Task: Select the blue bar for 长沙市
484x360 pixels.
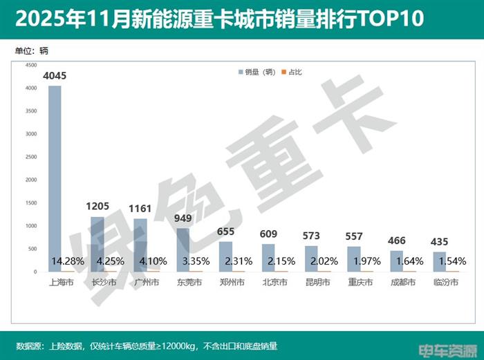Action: point(97,244)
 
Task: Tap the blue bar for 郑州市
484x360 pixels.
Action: point(226,256)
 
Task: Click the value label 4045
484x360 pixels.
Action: point(55,76)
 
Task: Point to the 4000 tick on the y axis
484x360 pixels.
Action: point(30,88)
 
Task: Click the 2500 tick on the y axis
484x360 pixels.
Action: point(30,157)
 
